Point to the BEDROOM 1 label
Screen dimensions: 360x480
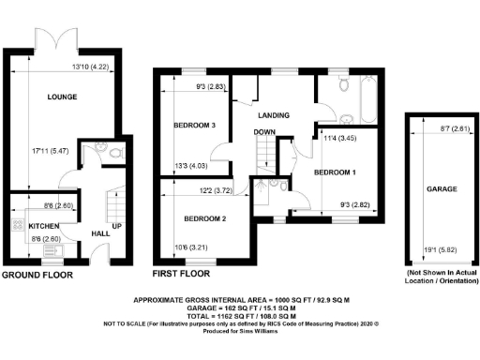click(336, 172)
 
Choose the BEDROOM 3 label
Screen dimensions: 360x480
click(196, 125)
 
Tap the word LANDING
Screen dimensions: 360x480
click(273, 114)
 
